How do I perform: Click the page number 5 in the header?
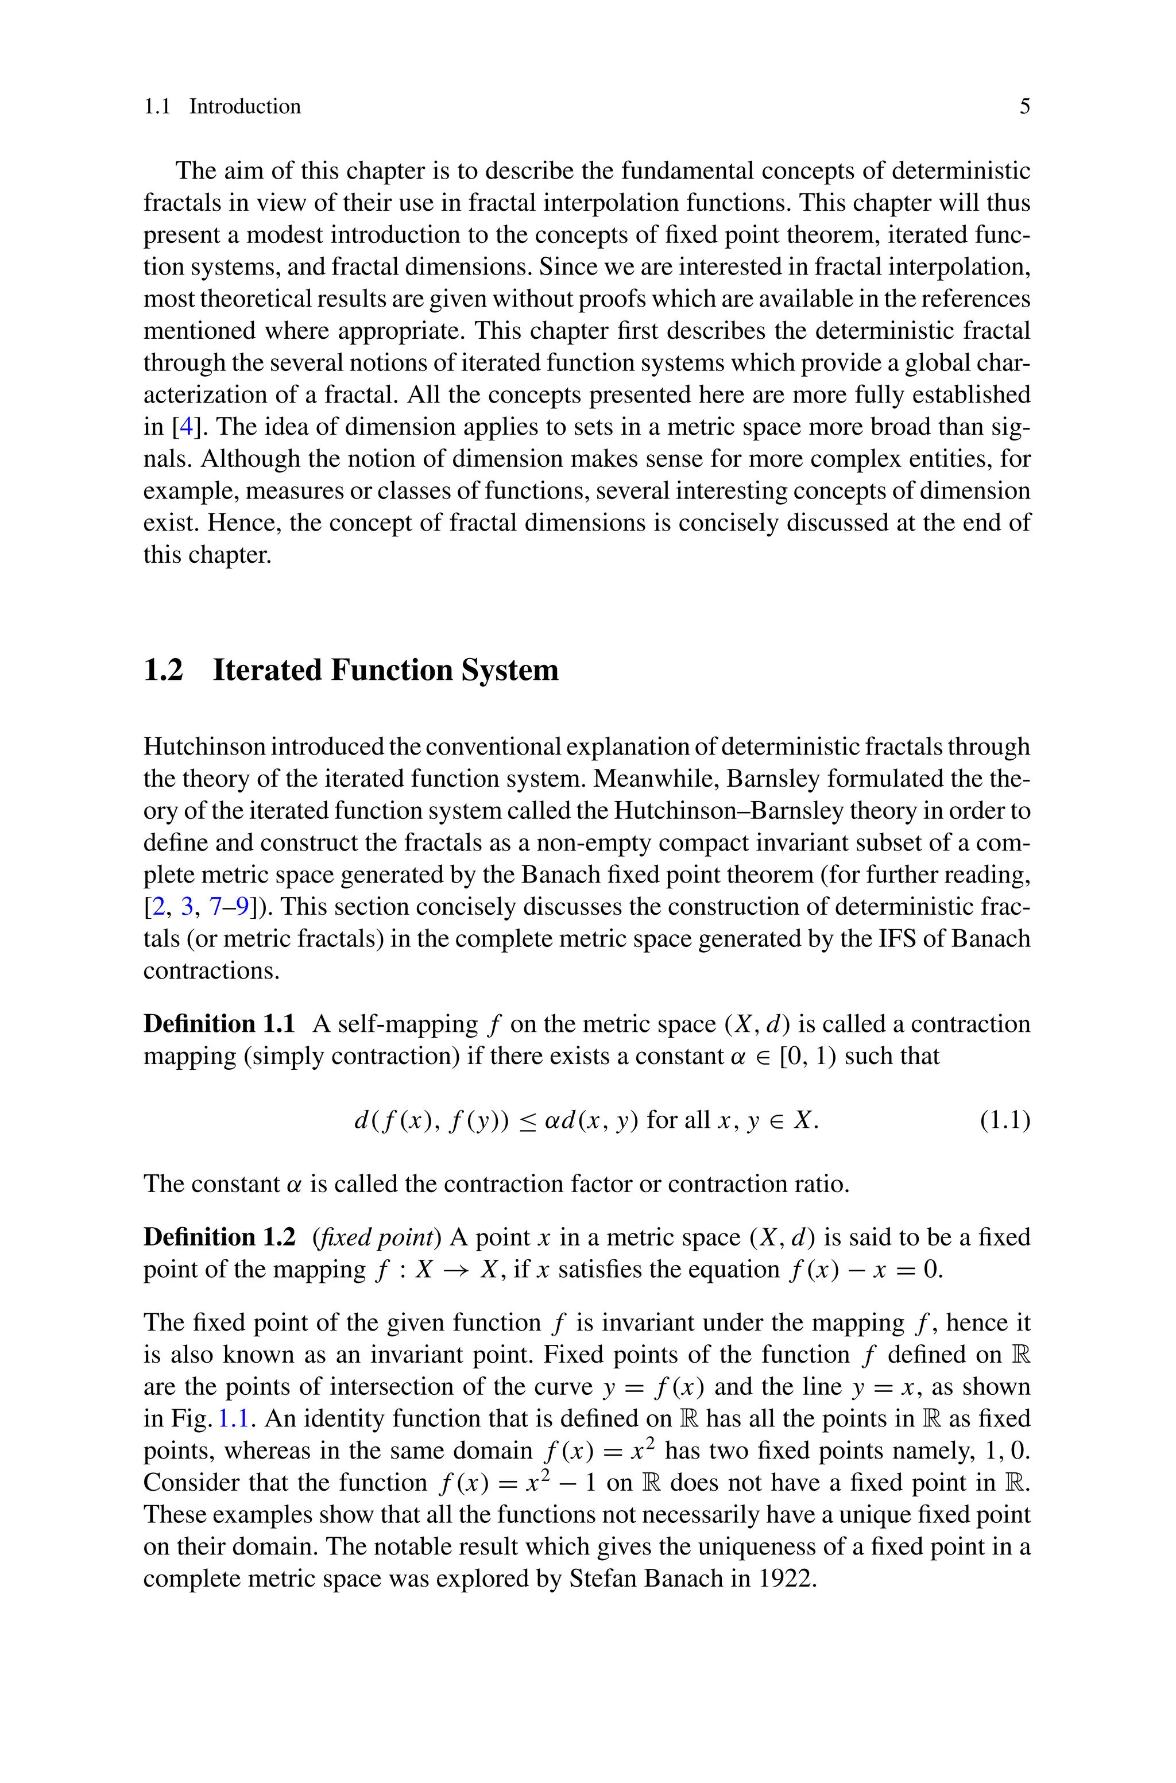pos(1024,106)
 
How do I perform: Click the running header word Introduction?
pos(245,106)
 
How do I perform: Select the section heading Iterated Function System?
pos(385,670)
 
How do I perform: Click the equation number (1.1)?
pos(1005,1120)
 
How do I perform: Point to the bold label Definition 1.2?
pos(218,1236)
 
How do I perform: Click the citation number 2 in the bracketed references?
pos(158,907)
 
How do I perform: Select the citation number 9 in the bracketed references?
pos(242,907)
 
